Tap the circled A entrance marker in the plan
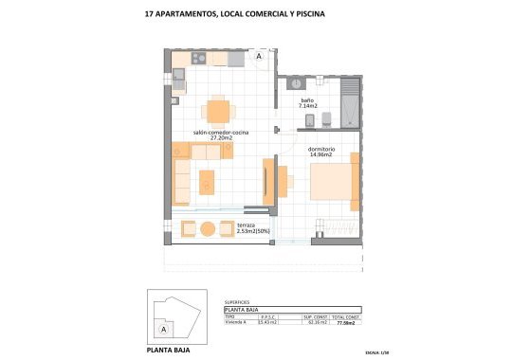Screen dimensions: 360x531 coord(258,56)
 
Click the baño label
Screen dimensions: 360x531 coord(307,99)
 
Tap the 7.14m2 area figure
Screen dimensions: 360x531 coord(308,106)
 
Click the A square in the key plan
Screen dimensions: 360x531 coord(162,329)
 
